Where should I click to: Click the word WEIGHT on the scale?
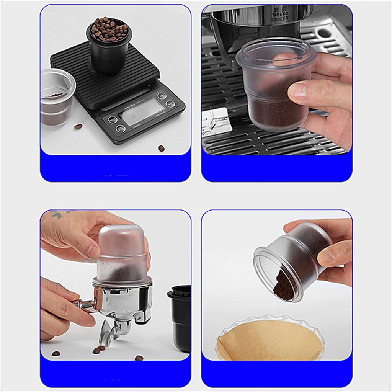click(160, 114)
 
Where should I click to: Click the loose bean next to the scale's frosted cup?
click(78, 126)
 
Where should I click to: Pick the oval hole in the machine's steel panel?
click(324, 33)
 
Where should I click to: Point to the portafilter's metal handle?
click(84, 305)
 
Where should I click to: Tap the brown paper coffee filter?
click(268, 339)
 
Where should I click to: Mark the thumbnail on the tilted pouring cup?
click(325, 256)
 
